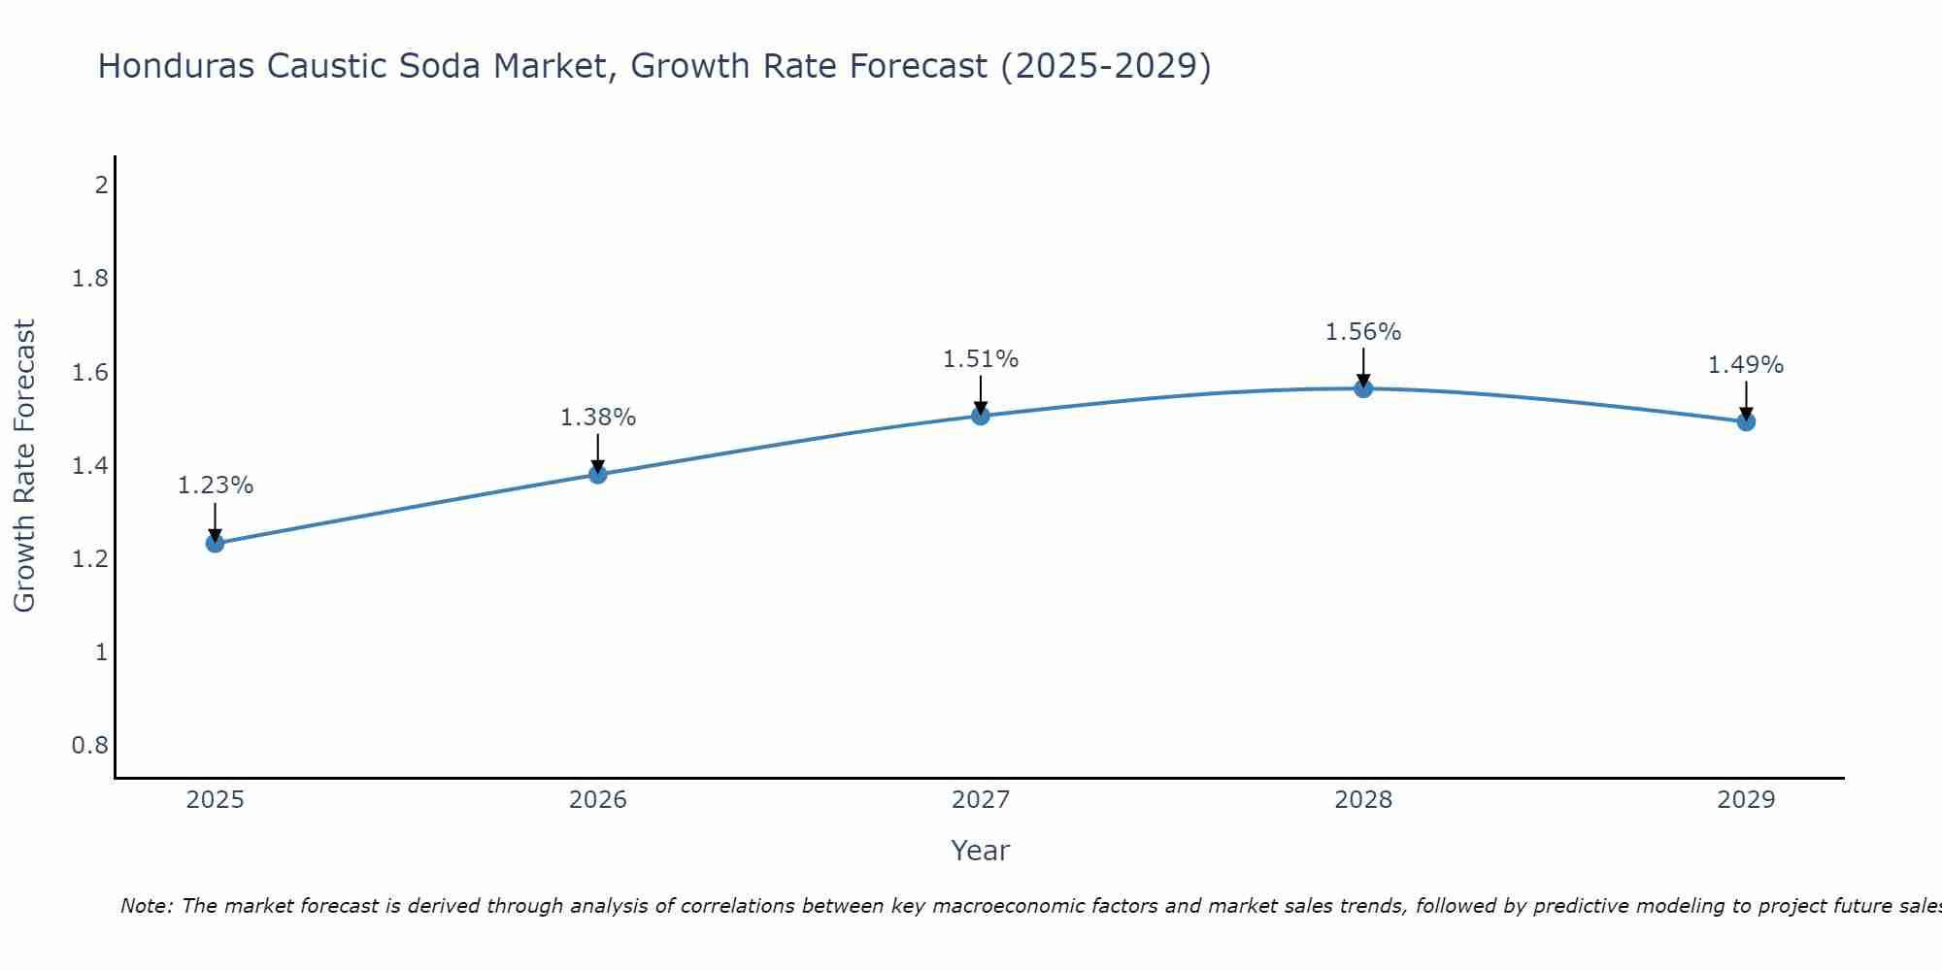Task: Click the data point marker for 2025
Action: click(216, 543)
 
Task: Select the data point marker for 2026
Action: click(598, 474)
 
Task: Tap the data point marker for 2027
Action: click(981, 416)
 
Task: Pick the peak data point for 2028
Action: click(1363, 388)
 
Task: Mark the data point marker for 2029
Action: click(1746, 421)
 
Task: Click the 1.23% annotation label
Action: click(216, 485)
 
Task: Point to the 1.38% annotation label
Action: click(598, 418)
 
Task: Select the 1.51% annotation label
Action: click(981, 359)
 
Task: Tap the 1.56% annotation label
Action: click(1363, 332)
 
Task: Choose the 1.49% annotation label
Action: click(1746, 365)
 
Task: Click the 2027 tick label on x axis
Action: click(981, 800)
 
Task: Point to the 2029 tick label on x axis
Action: click(1746, 800)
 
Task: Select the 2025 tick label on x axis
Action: click(216, 800)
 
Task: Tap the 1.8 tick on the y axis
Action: click(90, 280)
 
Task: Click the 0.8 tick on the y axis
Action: click(90, 746)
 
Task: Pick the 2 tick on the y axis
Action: click(101, 184)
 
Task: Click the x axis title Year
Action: click(981, 851)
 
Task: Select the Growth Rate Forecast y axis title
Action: click(25, 466)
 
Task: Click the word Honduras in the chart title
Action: click(177, 66)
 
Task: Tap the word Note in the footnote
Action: click(146, 906)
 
